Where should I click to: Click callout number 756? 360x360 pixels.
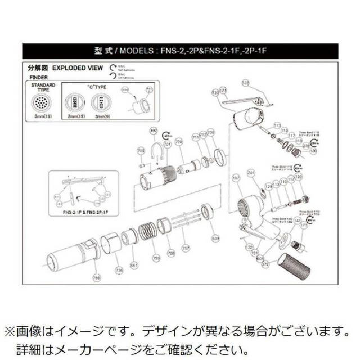pos(96,277)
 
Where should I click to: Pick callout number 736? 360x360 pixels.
pos(119,270)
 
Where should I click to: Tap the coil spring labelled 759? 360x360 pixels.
pos(147,231)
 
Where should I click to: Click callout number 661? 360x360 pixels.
pos(134,264)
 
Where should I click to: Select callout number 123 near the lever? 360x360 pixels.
pos(245,82)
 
